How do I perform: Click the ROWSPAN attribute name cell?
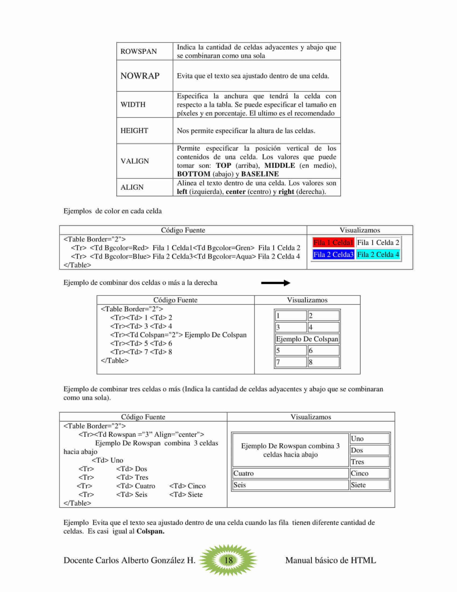139,51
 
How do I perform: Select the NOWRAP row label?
140,76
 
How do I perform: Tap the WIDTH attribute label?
133,105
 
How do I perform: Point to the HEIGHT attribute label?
134,131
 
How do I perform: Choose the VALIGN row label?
135,161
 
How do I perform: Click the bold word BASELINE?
260,174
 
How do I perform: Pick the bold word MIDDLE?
280,166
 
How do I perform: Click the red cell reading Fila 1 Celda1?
333,243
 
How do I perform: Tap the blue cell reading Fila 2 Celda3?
333,255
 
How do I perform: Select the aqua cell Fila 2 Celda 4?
378,255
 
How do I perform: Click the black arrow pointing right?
275,283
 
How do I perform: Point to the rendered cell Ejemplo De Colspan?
307,339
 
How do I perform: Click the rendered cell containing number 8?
323,362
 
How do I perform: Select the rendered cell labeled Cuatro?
290,474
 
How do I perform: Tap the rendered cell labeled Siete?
369,485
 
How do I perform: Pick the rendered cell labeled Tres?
369,462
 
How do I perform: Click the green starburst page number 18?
228,560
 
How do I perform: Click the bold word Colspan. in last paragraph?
150,531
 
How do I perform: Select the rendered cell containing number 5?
291,351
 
